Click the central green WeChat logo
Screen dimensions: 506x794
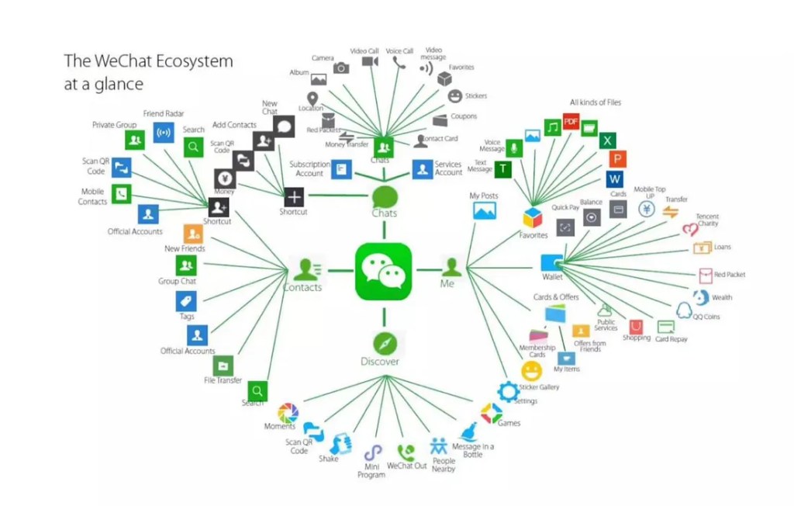tap(384, 269)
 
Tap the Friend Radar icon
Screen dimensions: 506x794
tap(164, 133)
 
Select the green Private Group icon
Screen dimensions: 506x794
tap(135, 140)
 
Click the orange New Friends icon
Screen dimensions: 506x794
tap(193, 233)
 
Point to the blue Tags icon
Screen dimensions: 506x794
tap(186, 301)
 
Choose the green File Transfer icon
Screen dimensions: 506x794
tap(223, 365)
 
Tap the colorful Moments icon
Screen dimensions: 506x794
tap(288, 413)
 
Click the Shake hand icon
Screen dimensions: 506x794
tap(337, 444)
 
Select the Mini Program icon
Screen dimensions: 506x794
tap(373, 453)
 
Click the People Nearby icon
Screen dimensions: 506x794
tap(440, 447)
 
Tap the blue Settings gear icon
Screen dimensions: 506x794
tap(509, 390)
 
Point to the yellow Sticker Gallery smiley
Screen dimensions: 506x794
tap(532, 371)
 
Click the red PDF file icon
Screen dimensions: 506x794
tap(571, 122)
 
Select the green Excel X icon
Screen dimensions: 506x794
tap(608, 140)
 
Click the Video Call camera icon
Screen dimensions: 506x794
tap(369, 61)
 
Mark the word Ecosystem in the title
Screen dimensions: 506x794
tap(190, 61)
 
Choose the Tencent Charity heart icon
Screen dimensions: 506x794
tap(690, 230)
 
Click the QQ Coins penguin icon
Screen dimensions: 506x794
tap(683, 310)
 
